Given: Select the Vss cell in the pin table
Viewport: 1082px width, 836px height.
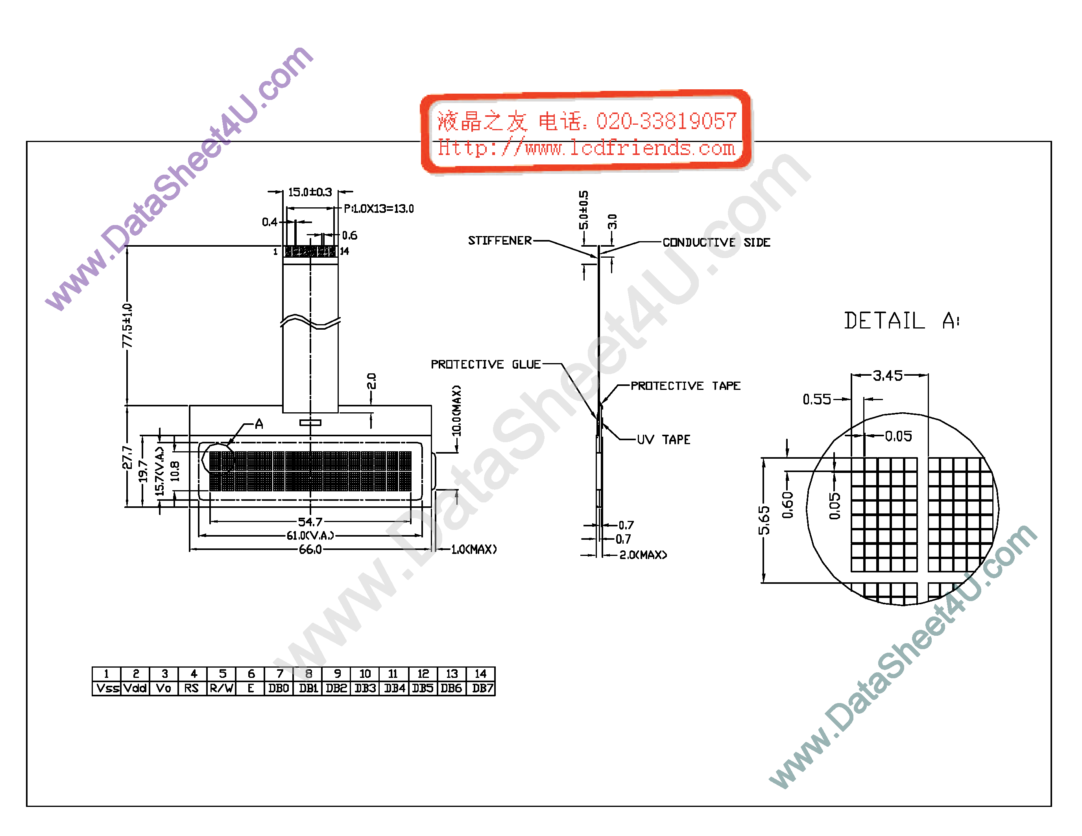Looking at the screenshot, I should click(x=107, y=688).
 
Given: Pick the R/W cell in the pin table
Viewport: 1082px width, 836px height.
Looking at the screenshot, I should click(x=222, y=688).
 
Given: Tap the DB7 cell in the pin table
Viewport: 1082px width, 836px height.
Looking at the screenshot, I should click(x=482, y=688).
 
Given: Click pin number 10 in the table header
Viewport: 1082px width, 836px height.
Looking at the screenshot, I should click(x=365, y=674).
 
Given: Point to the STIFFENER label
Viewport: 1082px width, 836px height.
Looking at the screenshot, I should click(x=499, y=241).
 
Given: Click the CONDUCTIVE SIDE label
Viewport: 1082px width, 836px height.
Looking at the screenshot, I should click(x=716, y=242).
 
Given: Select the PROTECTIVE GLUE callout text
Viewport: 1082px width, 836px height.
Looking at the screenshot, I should click(x=485, y=365).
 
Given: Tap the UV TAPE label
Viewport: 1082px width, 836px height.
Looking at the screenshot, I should click(x=663, y=439).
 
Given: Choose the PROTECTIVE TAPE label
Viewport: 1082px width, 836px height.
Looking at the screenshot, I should click(x=685, y=386).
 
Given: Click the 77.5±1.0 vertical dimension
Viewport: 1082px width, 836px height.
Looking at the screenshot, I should click(x=127, y=325).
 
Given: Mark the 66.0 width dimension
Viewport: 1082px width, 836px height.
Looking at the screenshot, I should click(x=310, y=549).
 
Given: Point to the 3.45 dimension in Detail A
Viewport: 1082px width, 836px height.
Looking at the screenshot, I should click(x=887, y=375).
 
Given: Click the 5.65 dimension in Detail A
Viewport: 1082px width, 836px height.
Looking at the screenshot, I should click(x=764, y=520).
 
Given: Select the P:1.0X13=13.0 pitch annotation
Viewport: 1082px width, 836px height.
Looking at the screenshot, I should click(x=379, y=209).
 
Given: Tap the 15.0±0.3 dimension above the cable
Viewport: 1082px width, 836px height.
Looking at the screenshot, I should click(x=310, y=192).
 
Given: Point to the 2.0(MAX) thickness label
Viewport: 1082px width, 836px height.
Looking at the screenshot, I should click(x=643, y=555).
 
